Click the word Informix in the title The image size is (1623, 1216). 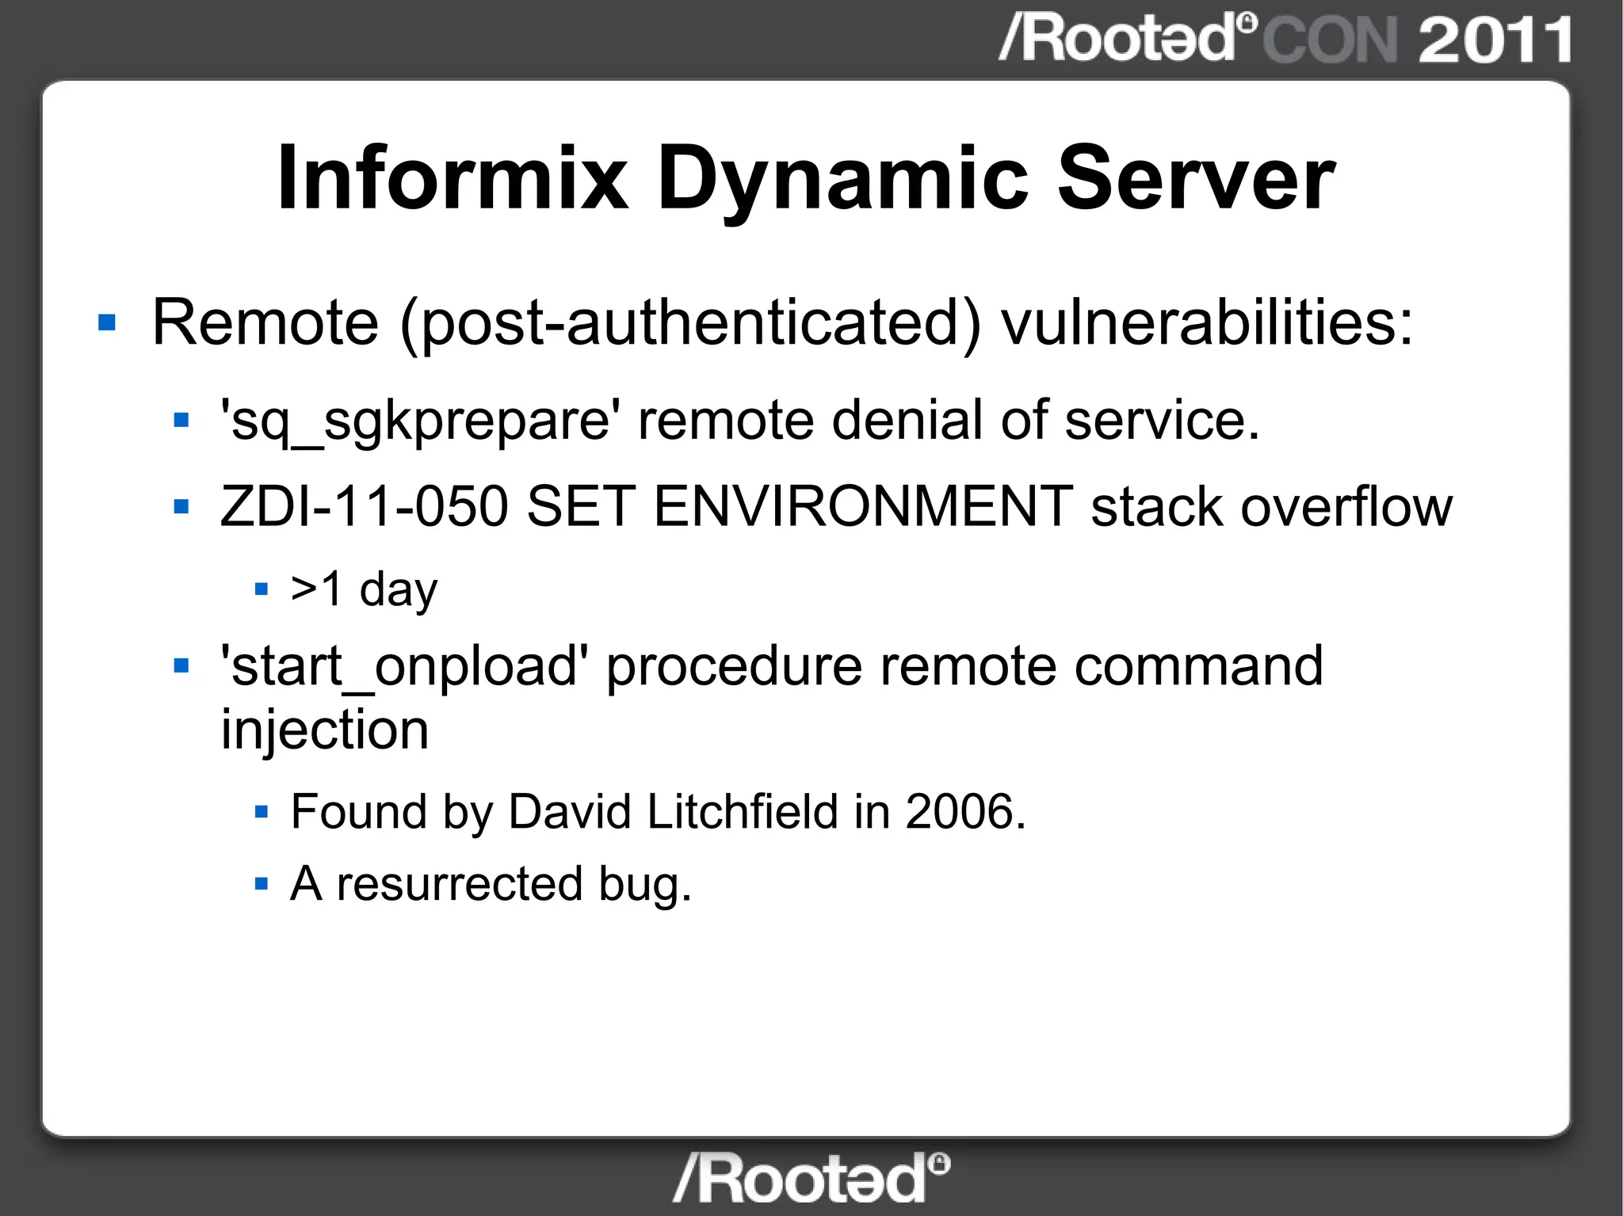453,179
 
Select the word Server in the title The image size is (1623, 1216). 1197,179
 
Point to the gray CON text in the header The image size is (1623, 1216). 1330,40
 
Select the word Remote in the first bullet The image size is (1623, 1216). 265,322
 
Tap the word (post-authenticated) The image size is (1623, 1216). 690,324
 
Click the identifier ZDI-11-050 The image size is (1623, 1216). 365,506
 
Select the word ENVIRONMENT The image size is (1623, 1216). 863,506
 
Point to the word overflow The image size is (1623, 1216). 1346,506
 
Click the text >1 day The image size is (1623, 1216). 364,590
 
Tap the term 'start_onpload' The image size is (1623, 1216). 404,666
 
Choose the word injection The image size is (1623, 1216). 325,730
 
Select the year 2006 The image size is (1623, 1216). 964,812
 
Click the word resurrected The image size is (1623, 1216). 460,884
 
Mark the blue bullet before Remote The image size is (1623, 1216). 107,322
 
